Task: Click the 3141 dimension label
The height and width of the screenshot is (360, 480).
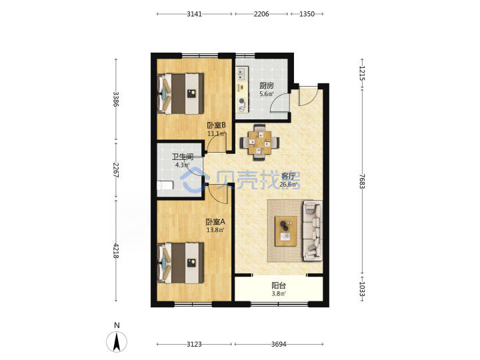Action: [x=195, y=14]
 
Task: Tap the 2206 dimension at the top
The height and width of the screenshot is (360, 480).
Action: [x=261, y=14]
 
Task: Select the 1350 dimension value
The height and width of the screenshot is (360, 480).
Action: [x=307, y=14]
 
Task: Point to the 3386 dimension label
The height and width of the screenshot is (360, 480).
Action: [x=115, y=99]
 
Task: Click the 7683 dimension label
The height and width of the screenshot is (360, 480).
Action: [x=362, y=181]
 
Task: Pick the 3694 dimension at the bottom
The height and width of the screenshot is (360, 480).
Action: [x=279, y=344]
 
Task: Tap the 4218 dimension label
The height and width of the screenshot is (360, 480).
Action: [x=115, y=251]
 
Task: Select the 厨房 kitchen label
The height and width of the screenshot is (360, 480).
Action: [x=266, y=86]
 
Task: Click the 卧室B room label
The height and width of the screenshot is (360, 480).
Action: [x=217, y=125]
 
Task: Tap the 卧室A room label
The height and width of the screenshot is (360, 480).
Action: [x=215, y=221]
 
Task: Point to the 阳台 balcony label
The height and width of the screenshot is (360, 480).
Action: [x=279, y=285]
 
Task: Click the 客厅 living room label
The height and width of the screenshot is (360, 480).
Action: [x=289, y=176]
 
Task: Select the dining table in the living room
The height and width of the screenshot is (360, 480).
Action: [x=259, y=143]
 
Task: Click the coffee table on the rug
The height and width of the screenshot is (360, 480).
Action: [x=285, y=231]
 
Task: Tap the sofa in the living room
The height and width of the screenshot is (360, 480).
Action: [x=312, y=231]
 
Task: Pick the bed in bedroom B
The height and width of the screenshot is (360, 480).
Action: [x=181, y=93]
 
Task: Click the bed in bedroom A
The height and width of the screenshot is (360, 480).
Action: [x=181, y=263]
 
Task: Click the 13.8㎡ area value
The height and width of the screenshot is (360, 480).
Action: [x=215, y=230]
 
